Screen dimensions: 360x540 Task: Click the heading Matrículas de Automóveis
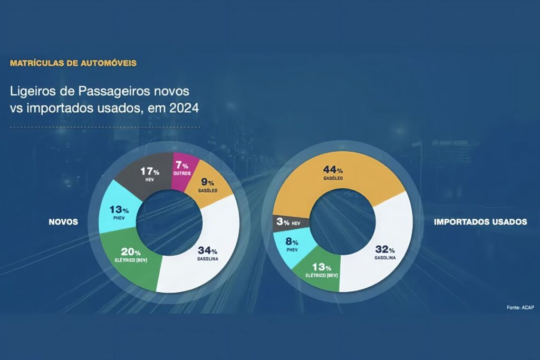point(73,63)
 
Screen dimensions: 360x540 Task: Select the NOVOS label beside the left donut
point(63,222)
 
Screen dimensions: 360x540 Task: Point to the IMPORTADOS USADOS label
point(480,222)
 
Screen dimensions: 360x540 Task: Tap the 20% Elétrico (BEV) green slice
point(130,255)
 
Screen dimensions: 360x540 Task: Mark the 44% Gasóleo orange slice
point(332,174)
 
